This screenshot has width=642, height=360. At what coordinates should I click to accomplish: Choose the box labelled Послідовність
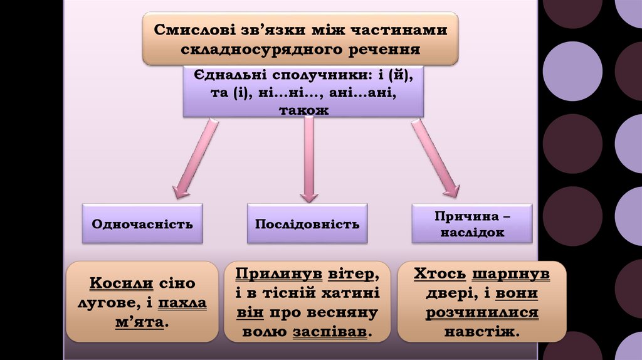[307, 223]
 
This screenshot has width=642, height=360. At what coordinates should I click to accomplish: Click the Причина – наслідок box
[472, 223]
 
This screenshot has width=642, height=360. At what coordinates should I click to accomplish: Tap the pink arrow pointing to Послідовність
[308, 161]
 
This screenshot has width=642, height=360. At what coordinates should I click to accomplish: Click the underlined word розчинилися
[481, 312]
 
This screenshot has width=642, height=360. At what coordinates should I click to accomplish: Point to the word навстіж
[481, 331]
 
